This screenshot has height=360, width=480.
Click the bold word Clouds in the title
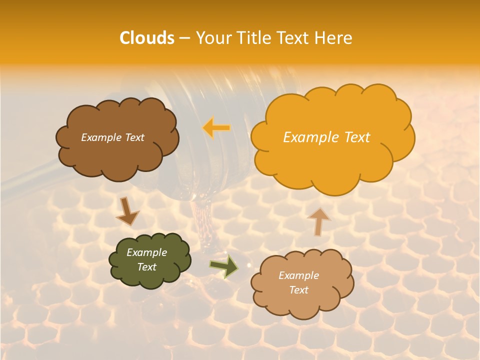click(x=146, y=38)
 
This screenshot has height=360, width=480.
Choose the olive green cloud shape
click(x=149, y=277)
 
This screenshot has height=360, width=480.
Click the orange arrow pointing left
click(x=216, y=127)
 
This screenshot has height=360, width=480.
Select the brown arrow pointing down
click(x=127, y=211)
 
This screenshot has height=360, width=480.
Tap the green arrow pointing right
click(x=224, y=266)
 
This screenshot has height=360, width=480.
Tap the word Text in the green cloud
click(x=147, y=267)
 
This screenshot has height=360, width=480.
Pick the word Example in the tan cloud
click(x=298, y=275)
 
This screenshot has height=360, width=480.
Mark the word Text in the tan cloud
click(x=298, y=290)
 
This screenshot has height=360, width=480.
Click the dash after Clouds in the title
click(x=184, y=38)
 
